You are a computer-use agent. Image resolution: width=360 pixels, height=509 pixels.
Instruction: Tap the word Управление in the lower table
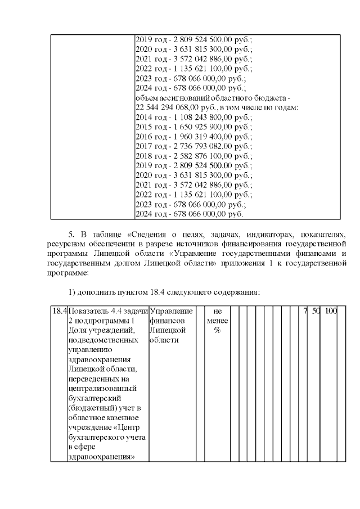tap(172, 311)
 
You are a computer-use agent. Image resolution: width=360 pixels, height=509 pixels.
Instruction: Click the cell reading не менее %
tap(217, 321)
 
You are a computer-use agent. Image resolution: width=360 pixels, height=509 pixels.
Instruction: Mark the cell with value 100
tap(331, 311)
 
